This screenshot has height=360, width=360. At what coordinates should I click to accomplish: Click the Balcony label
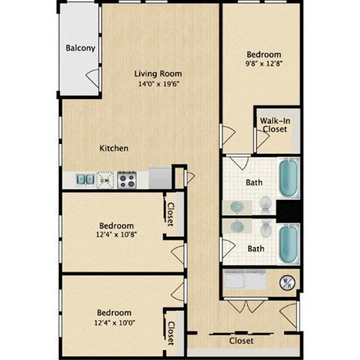coord(80,49)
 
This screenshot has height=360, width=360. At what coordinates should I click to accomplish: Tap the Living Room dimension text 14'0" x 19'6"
coord(158,85)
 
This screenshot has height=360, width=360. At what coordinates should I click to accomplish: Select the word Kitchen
coord(114,148)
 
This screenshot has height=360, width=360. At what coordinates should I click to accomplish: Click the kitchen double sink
coord(84,180)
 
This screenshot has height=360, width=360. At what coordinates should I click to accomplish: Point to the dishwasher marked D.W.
coord(106,180)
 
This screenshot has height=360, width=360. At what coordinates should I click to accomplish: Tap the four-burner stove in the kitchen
coord(127,180)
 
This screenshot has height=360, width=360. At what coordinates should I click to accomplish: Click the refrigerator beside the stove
coord(160,178)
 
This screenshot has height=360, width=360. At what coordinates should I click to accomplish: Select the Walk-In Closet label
coord(274,124)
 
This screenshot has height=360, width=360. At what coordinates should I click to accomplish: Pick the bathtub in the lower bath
coord(289,243)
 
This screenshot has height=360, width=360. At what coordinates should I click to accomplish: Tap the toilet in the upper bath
coord(265,203)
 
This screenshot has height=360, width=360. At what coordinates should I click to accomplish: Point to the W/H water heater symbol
coord(286,282)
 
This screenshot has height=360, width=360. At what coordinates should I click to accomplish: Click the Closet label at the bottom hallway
coord(241,340)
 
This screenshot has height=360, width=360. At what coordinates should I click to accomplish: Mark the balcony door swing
coord(92,77)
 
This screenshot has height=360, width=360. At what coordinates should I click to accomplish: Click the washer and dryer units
coord(244,281)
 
